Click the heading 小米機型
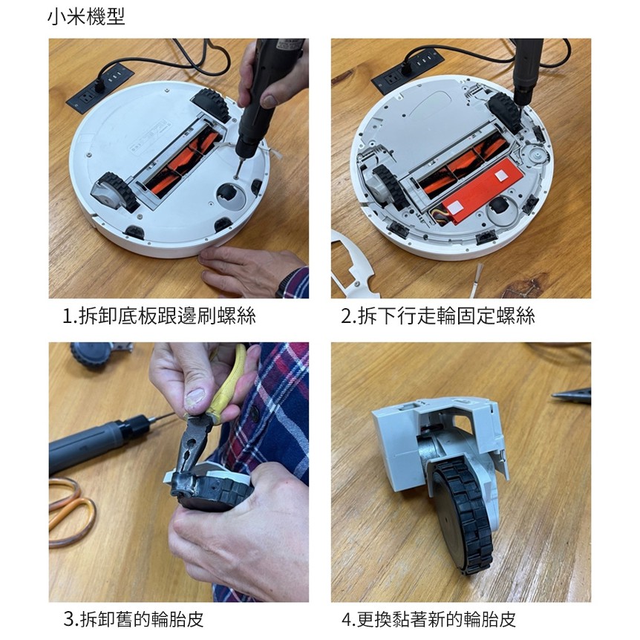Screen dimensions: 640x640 [x=86, y=17]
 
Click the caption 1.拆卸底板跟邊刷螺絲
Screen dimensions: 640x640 [x=159, y=316]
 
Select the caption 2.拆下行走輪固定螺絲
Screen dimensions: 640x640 [x=438, y=316]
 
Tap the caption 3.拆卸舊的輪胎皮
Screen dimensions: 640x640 [x=134, y=618]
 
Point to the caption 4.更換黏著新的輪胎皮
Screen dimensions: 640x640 [x=429, y=618]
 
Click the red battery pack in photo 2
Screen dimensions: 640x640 [x=480, y=191]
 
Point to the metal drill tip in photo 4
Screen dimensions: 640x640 [x=572, y=395]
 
